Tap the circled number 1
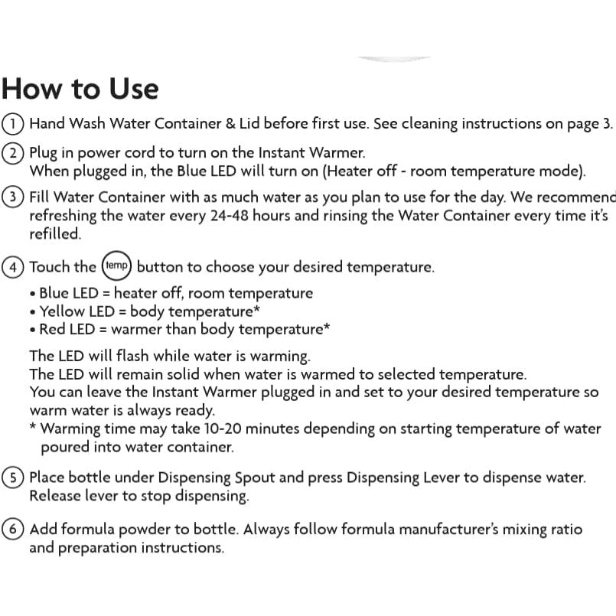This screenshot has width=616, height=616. coord(11,124)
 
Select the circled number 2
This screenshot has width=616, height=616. coord(11,152)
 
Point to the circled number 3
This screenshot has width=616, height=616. coord(11,197)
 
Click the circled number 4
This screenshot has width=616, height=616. coord(11,268)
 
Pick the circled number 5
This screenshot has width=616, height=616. coord(11,478)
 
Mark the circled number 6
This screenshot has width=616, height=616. coord(11,530)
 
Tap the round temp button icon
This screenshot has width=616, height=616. coord(116,267)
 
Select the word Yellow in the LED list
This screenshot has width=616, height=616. coord(62,311)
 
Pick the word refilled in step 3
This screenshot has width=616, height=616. coord(54,234)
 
